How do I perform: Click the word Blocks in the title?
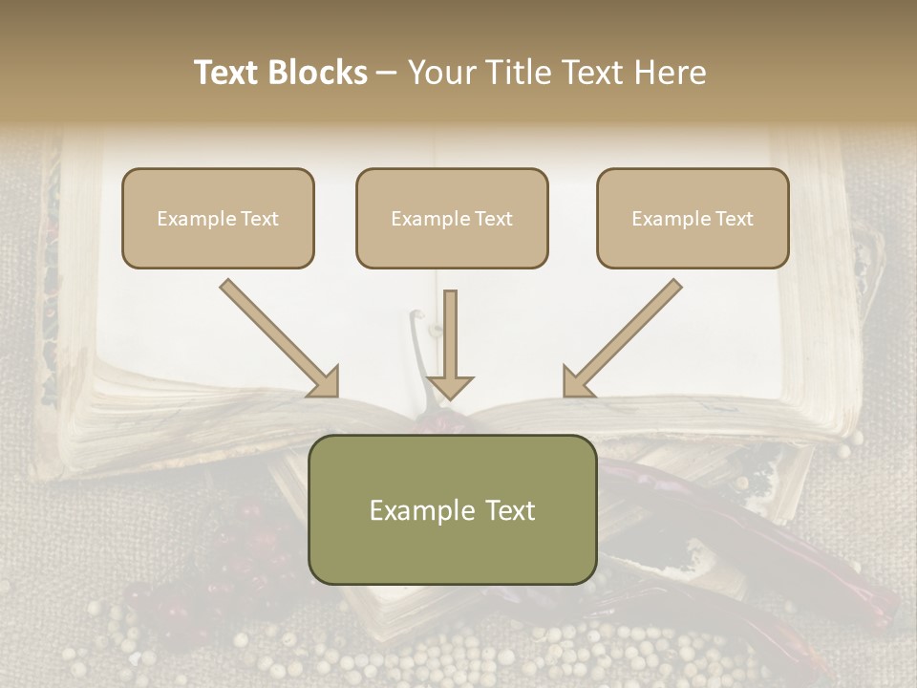[x=317, y=73]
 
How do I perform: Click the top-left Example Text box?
[x=218, y=218]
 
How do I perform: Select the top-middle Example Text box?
[x=452, y=218]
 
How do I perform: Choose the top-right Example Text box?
[x=693, y=218]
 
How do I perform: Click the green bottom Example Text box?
[x=452, y=509]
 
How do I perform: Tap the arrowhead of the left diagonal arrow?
[x=324, y=382]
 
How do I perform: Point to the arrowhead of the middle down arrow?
[x=450, y=386]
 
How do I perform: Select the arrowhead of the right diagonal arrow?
[x=578, y=382]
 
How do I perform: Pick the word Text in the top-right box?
[x=734, y=219]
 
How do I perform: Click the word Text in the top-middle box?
[x=493, y=219]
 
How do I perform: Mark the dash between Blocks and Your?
[x=387, y=74]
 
